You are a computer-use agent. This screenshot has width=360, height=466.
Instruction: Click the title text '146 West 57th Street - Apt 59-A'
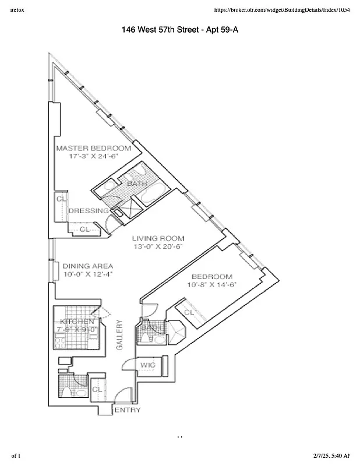(180, 30)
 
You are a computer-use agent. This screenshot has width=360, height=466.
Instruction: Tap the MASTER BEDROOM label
(93, 148)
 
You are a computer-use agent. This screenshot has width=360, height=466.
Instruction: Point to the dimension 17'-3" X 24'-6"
(93, 157)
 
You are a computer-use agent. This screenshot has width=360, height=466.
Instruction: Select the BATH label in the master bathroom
(137, 183)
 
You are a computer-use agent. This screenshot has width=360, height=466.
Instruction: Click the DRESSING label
(89, 210)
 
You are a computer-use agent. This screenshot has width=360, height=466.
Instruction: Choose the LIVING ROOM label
(158, 238)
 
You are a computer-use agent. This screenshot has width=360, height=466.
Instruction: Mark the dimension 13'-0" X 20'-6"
(158, 246)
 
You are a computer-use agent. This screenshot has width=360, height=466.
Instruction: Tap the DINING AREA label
(88, 264)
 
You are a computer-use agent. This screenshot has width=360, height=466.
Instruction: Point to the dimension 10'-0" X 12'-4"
(88, 274)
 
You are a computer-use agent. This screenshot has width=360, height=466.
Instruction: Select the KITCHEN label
(77, 322)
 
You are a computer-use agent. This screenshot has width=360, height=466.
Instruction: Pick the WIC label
(147, 365)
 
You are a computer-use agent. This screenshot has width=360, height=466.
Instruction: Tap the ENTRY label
(126, 410)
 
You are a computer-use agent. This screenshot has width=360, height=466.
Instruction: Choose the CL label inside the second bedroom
(189, 312)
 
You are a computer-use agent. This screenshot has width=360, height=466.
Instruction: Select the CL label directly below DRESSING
(84, 230)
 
